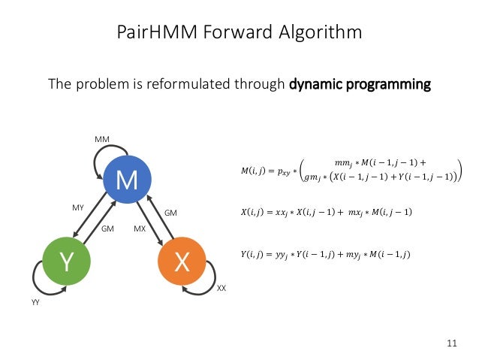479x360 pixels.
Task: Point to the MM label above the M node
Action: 101,141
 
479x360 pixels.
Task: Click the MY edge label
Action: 78,206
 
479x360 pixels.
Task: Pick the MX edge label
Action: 140,228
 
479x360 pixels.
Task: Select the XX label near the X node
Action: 221,288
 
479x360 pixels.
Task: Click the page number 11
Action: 451,343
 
